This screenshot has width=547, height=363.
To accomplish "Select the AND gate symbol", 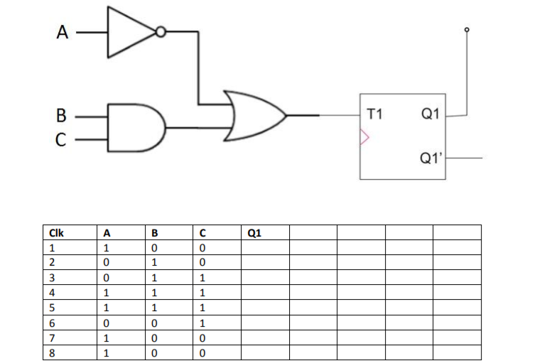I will coord(135,127).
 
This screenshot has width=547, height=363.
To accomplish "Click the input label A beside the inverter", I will coord(64,32).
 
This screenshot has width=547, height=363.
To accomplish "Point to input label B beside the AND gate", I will coord(62,114).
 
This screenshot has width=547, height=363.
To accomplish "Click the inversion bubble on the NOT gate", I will coord(161,32).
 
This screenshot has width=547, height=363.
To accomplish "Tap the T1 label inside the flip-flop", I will coord(377,113).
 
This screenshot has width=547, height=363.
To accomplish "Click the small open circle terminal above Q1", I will coord(466,30).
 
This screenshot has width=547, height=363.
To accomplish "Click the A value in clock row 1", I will coord(107,249).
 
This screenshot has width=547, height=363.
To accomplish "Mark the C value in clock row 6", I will coord(202,323).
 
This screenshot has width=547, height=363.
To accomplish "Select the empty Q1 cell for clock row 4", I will coord(264,293).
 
